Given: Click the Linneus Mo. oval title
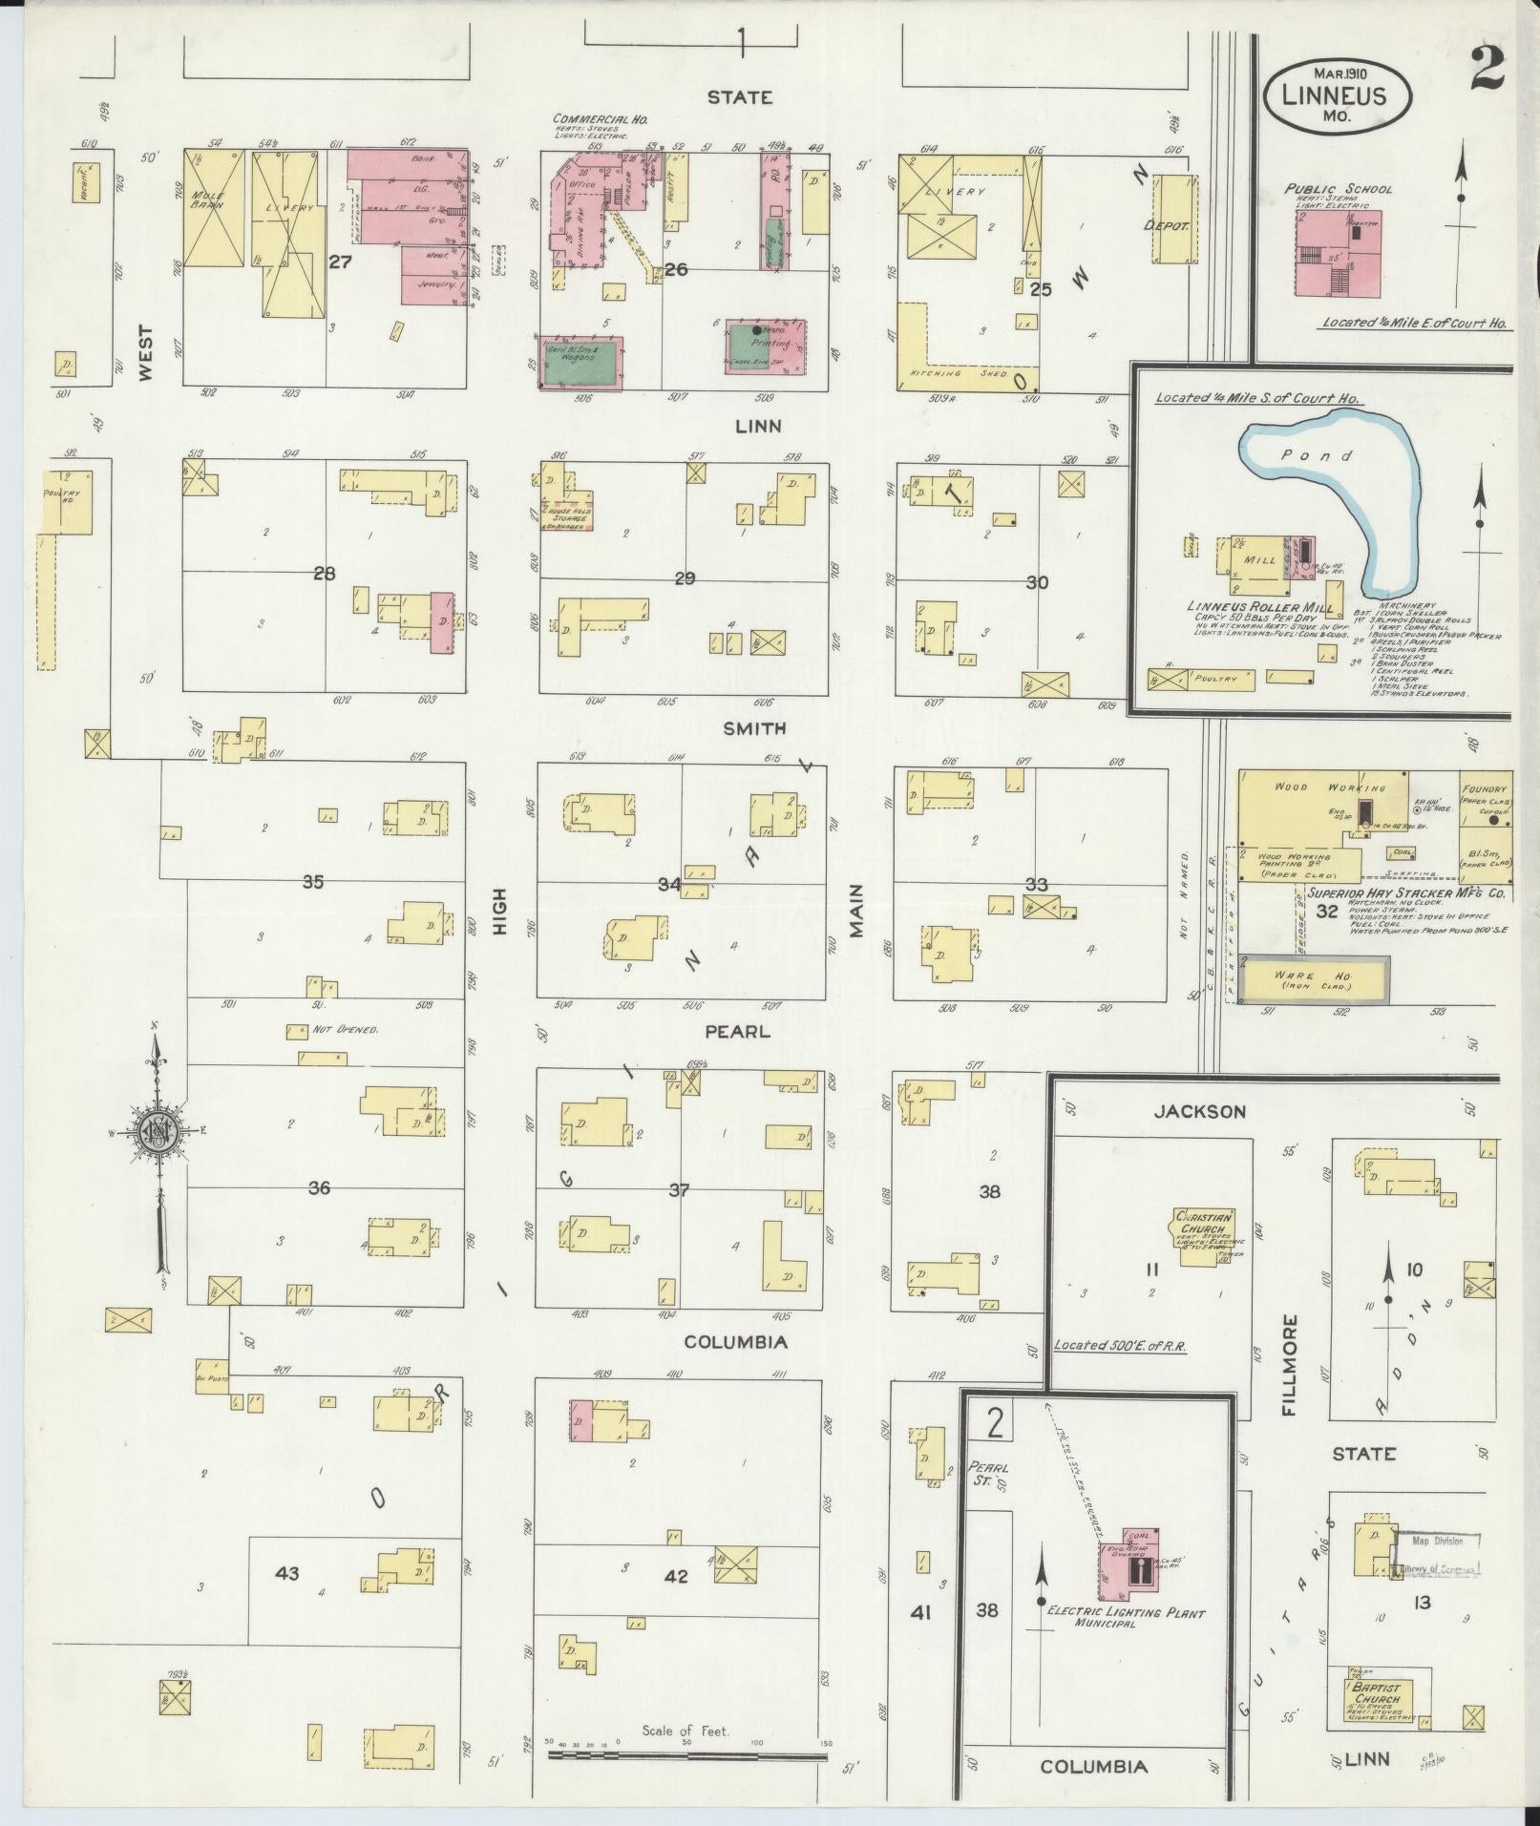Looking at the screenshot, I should tap(1339, 96).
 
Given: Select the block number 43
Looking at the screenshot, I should tap(287, 1572).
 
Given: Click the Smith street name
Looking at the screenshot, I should tap(754, 728).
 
